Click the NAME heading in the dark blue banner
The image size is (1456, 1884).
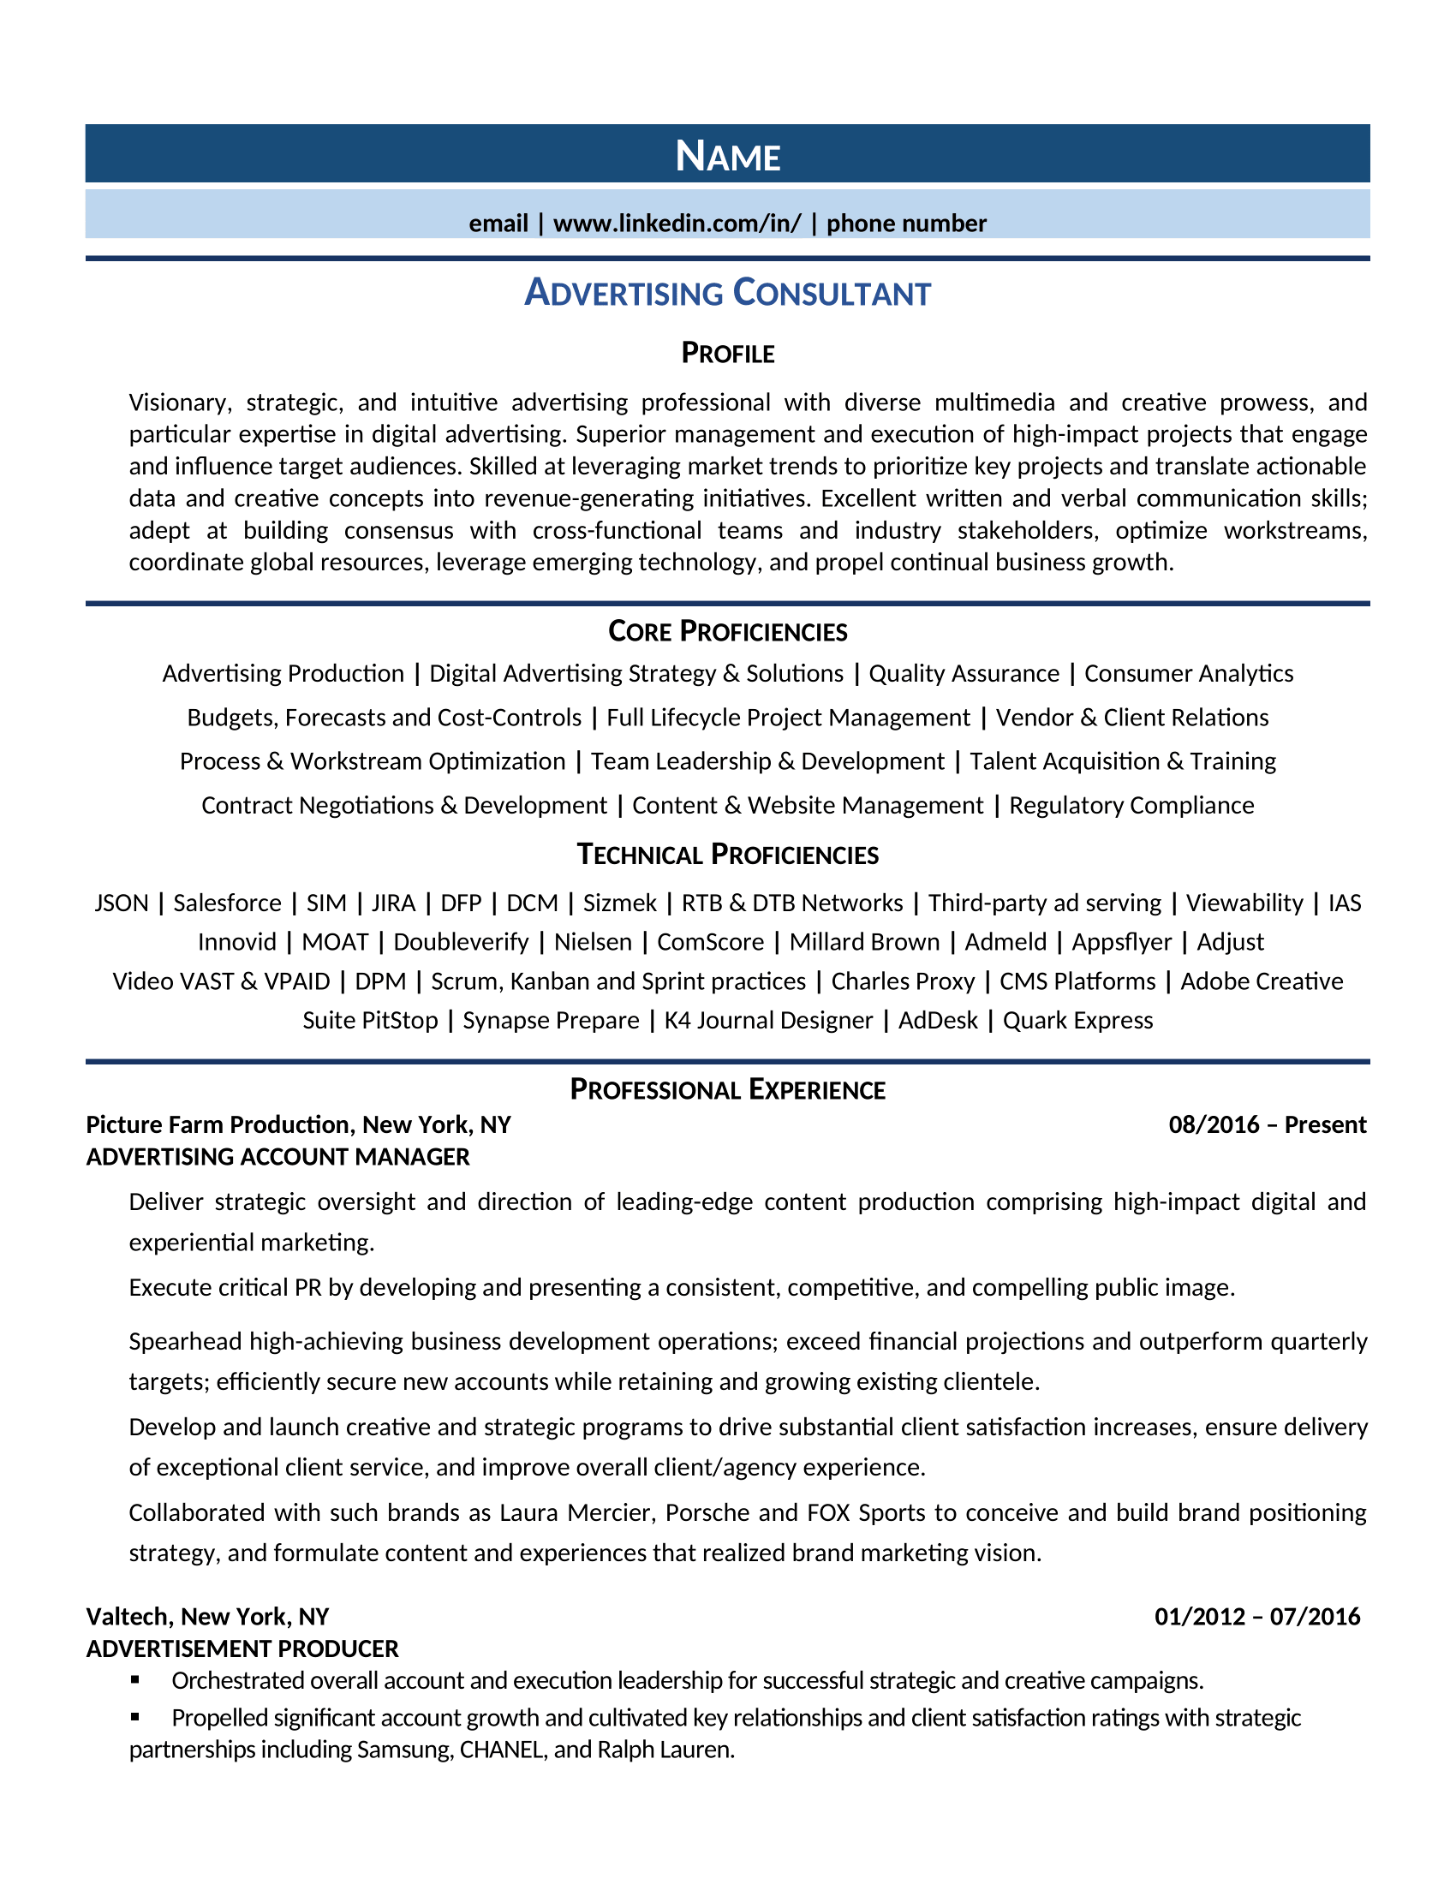point(727,156)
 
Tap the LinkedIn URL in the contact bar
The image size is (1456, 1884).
point(677,224)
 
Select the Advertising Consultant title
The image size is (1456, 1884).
point(727,293)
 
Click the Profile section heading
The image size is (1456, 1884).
point(727,353)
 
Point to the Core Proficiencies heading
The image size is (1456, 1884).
point(727,631)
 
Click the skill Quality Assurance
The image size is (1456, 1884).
point(964,674)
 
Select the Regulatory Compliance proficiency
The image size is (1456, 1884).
point(1131,806)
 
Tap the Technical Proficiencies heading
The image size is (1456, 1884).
point(727,855)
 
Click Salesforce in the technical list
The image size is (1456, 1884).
point(227,903)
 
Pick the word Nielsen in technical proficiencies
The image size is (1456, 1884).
point(593,942)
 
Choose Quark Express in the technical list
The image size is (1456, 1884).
point(1077,1021)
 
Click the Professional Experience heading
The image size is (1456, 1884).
point(727,1090)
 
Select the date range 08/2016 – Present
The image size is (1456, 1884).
point(1267,1125)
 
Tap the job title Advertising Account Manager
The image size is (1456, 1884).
point(277,1157)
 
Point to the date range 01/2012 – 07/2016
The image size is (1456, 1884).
point(1256,1617)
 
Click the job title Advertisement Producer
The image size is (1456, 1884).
point(242,1648)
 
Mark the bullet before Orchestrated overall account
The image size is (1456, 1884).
point(135,1680)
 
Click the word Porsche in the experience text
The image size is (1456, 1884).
point(707,1512)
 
